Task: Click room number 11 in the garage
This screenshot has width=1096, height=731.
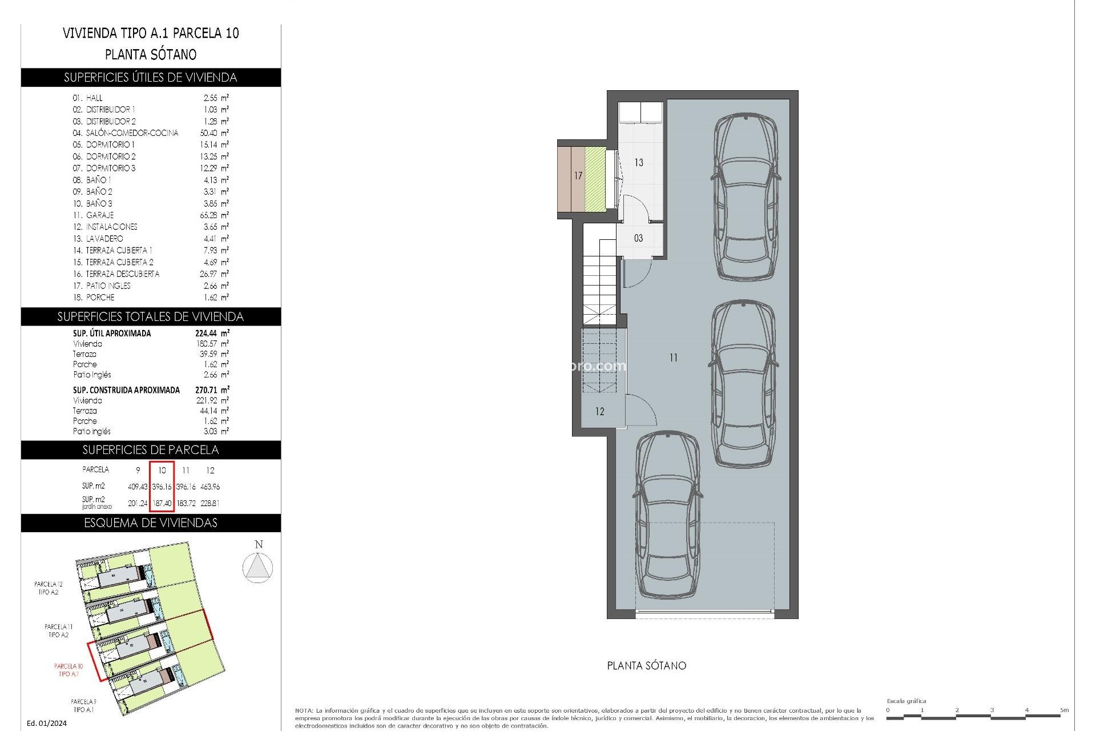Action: pyautogui.click(x=674, y=358)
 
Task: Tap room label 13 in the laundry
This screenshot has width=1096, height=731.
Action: pyautogui.click(x=639, y=163)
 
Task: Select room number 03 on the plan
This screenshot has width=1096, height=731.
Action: pyautogui.click(x=638, y=238)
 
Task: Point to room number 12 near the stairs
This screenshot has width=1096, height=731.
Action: pyautogui.click(x=599, y=411)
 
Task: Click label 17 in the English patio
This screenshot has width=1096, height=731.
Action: pyautogui.click(x=578, y=176)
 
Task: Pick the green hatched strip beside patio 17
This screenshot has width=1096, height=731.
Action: pyautogui.click(x=595, y=178)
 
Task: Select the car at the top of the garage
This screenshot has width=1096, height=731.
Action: pyautogui.click(x=746, y=196)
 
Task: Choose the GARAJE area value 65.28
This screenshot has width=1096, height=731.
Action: pyautogui.click(x=212, y=215)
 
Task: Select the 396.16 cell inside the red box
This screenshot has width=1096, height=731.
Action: pyautogui.click(x=162, y=487)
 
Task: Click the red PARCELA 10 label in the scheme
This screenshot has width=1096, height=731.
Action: pyautogui.click(x=68, y=670)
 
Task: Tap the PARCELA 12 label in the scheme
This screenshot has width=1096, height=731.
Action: pyautogui.click(x=49, y=588)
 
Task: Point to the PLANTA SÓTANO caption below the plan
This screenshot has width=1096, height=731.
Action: pyautogui.click(x=646, y=665)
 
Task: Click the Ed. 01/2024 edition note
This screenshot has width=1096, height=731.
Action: pyautogui.click(x=47, y=723)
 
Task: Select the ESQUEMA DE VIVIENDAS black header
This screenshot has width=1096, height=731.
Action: pyautogui.click(x=151, y=523)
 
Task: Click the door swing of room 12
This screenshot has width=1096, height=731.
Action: pyautogui.click(x=638, y=409)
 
